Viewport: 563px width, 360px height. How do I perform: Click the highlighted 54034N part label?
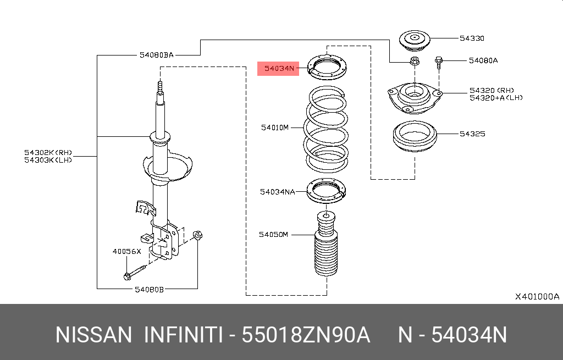click(278, 69)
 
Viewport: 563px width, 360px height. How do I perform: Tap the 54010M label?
click(275, 128)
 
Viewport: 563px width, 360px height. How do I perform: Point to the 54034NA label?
click(278, 191)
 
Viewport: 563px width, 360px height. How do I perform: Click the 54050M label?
click(273, 234)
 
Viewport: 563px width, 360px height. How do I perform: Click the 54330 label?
click(472, 38)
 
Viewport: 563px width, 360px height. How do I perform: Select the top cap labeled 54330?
click(414, 40)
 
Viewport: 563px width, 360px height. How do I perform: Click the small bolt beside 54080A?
click(439, 62)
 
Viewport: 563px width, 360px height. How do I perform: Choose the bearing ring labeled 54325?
click(414, 138)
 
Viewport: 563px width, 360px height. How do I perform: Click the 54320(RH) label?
click(491, 90)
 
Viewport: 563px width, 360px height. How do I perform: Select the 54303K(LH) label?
click(48, 160)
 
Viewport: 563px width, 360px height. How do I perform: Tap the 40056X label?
click(127, 251)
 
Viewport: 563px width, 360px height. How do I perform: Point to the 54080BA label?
click(157, 55)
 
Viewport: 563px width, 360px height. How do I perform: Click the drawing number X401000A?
click(537, 296)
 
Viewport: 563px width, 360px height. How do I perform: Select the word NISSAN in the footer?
click(93, 335)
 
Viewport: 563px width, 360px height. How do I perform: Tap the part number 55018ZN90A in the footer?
click(306, 335)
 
